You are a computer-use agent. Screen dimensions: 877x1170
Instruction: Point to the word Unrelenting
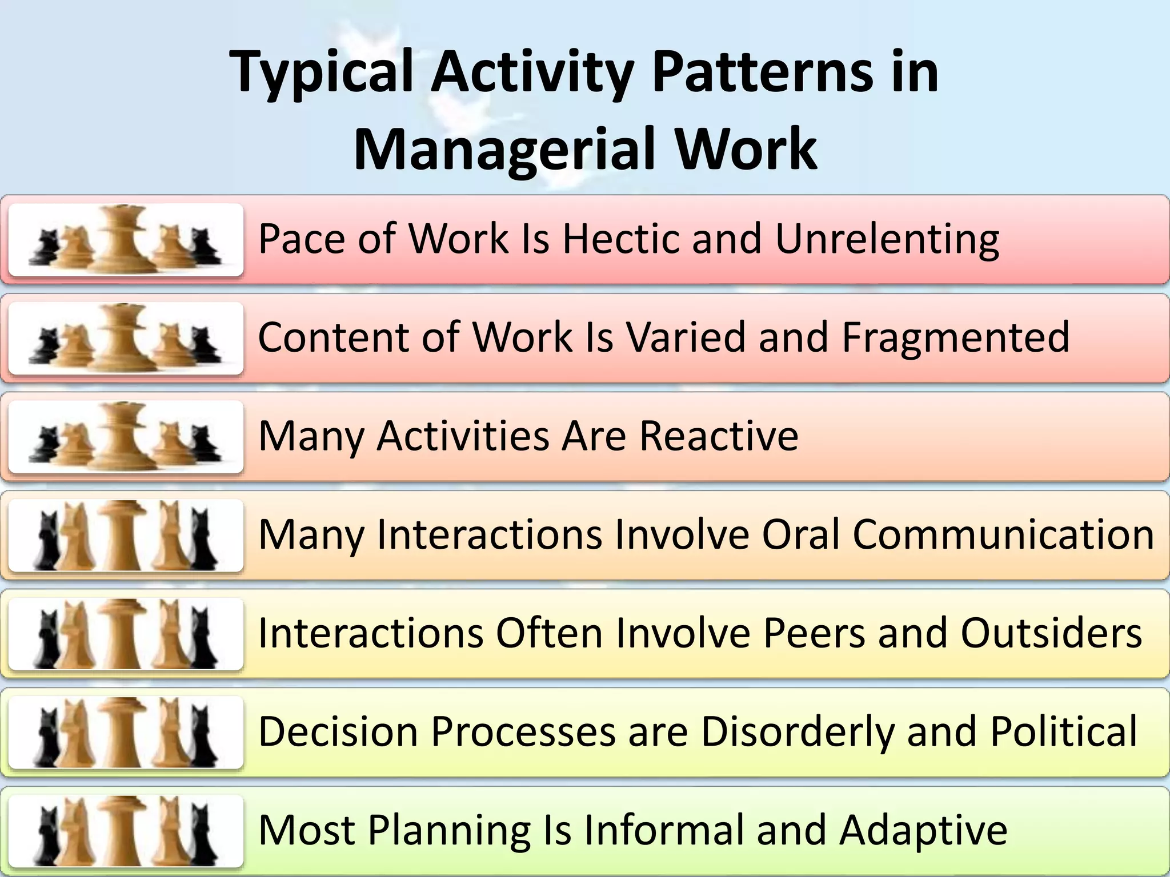(887, 238)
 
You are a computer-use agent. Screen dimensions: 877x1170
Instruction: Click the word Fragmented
(955, 337)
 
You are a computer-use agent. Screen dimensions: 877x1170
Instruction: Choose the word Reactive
(719, 436)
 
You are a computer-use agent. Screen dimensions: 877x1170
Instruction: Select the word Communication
(1004, 534)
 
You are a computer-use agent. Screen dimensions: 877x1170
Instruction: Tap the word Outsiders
(1051, 633)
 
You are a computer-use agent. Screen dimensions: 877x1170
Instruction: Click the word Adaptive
(923, 830)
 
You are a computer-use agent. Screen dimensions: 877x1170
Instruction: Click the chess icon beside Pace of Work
(126, 240)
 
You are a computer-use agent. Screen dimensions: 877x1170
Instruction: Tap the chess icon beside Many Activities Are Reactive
(126, 437)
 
